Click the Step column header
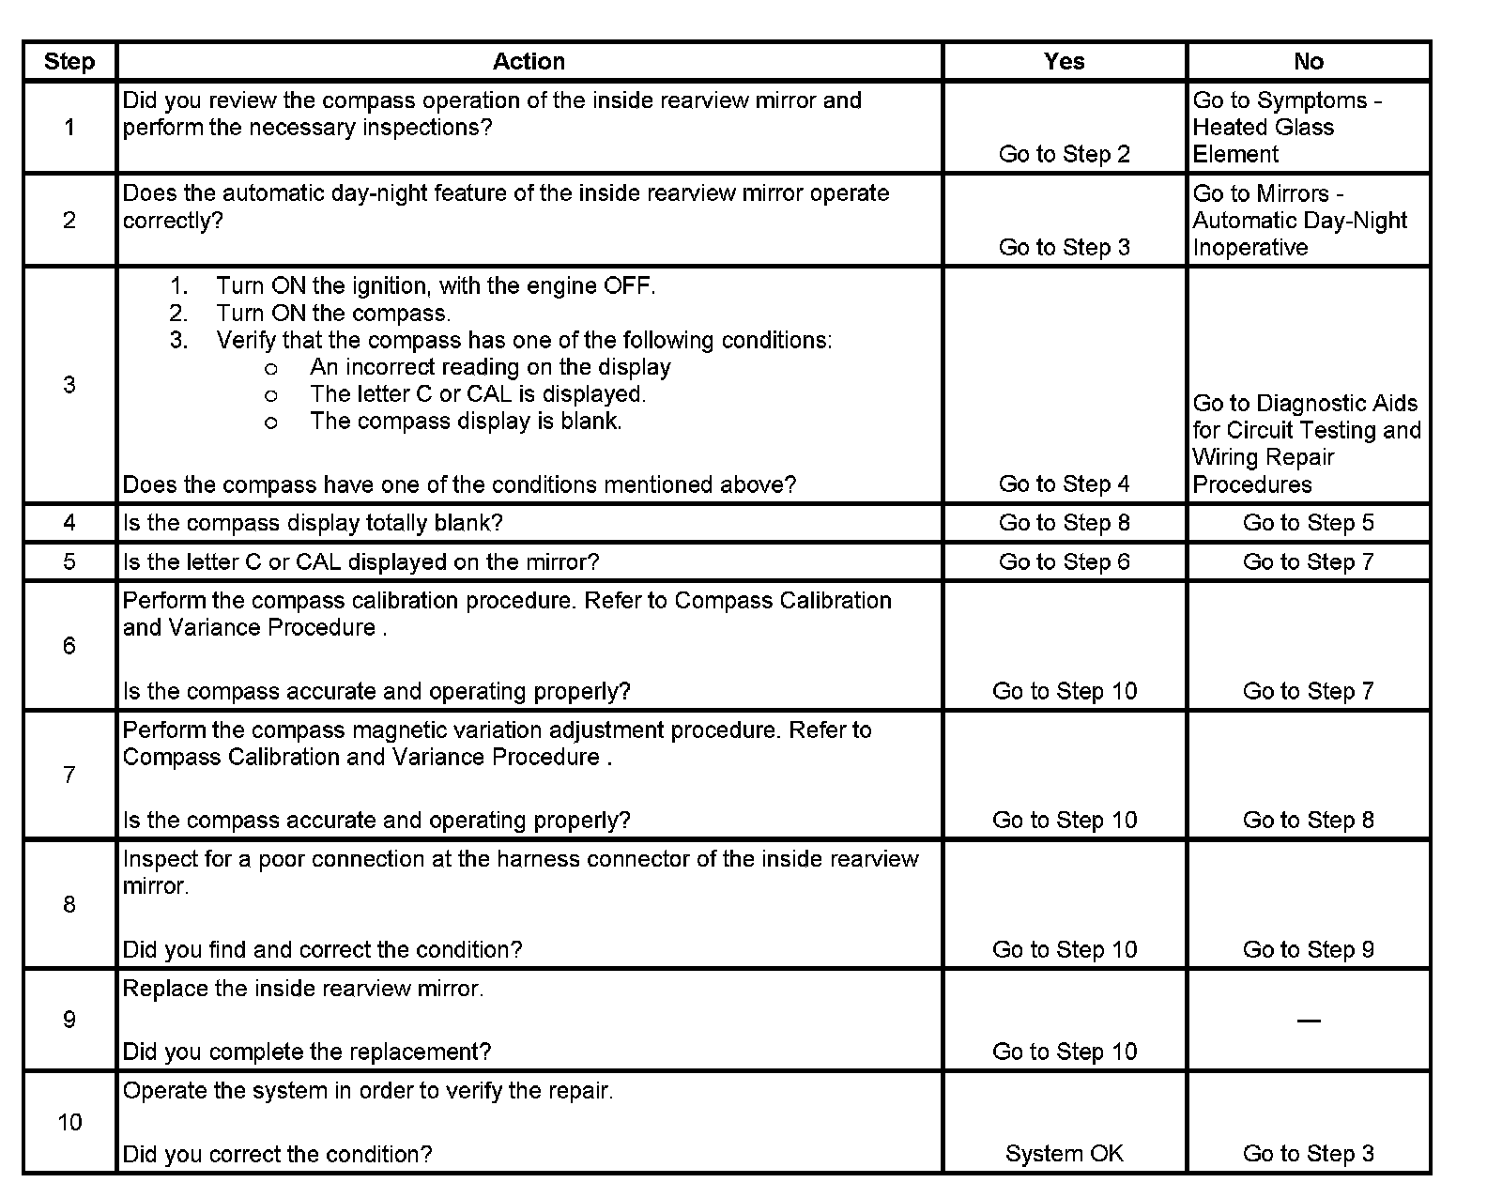[x=69, y=62]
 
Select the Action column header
[x=529, y=62]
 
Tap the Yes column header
[x=1064, y=62]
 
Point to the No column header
[x=1308, y=62]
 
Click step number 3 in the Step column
[x=69, y=385]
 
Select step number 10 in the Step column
[x=69, y=1123]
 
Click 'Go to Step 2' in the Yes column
[x=1064, y=154]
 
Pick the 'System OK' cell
[x=1064, y=1154]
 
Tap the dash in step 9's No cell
[x=1308, y=1021]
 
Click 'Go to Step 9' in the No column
[x=1308, y=950]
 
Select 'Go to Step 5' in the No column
[x=1308, y=523]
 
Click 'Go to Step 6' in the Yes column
[x=1064, y=562]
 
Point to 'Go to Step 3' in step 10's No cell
[x=1308, y=1154]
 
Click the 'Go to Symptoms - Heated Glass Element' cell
[x=1286, y=128]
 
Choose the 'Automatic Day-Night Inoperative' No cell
[x=1299, y=221]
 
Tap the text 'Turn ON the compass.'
[x=332, y=314]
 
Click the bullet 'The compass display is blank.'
[x=466, y=422]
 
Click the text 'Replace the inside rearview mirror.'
[x=303, y=989]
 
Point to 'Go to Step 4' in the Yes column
[x=1064, y=484]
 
